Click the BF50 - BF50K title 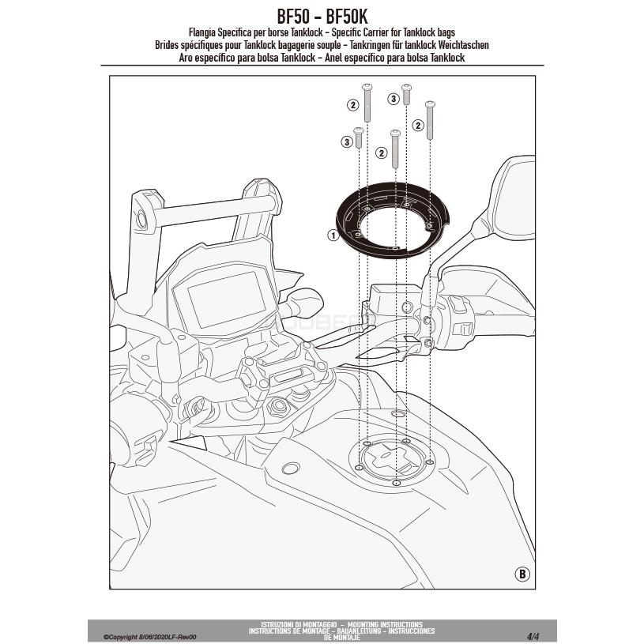pyautogui.click(x=322, y=16)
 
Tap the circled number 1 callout pyautogui.click(x=333, y=235)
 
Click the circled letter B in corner pyautogui.click(x=521, y=573)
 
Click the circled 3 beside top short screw pyautogui.click(x=393, y=98)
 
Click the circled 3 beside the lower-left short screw pyautogui.click(x=345, y=142)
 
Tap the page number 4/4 pyautogui.click(x=533, y=635)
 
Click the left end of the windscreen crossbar pyautogui.click(x=143, y=215)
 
